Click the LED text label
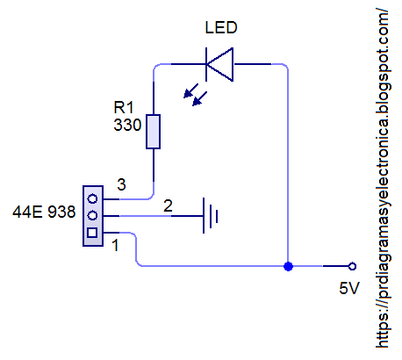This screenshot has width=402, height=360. (219, 27)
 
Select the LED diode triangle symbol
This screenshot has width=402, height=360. (221, 64)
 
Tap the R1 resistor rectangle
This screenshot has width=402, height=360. (154, 132)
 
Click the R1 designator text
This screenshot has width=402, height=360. (125, 107)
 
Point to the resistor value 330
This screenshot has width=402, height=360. (127, 125)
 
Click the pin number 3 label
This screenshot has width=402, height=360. (122, 185)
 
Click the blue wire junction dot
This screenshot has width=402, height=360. (288, 265)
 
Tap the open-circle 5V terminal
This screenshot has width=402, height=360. (351, 265)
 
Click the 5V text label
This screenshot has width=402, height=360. (349, 289)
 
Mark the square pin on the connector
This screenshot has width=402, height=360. (91, 233)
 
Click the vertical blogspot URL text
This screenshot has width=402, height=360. (384, 176)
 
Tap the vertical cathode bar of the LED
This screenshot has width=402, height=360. (206, 64)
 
